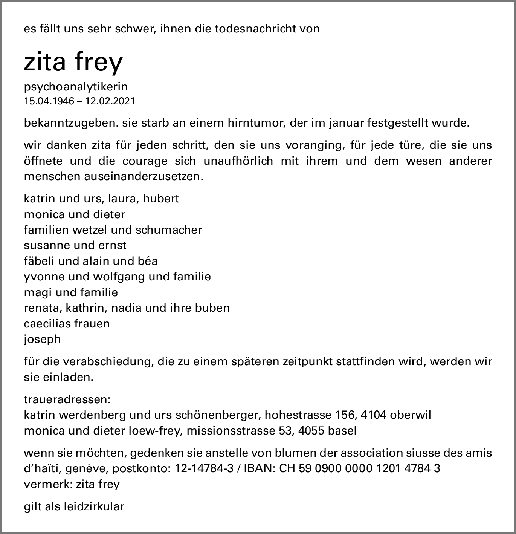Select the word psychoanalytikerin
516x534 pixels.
click(76, 87)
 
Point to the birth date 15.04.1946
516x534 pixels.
click(49, 101)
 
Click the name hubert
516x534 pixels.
click(161, 198)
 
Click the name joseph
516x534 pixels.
click(42, 339)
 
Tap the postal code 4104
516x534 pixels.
click(373, 415)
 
